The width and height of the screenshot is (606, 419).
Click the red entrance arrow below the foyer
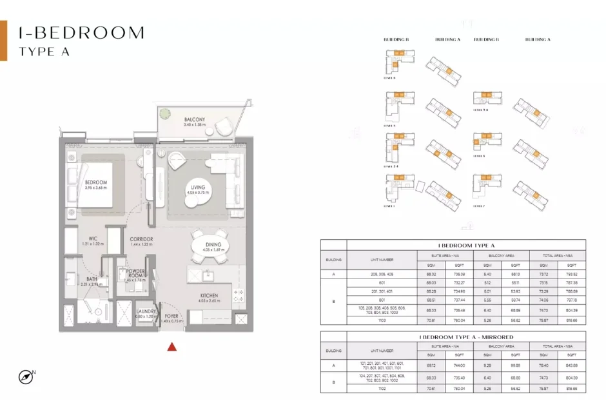pos(171,347)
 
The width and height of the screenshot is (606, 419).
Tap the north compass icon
pos(26,376)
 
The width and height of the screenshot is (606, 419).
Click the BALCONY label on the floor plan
pos(194,119)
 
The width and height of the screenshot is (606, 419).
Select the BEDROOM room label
pos(96,182)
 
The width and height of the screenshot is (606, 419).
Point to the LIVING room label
pos(197,188)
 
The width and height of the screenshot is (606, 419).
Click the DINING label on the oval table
pos(213,245)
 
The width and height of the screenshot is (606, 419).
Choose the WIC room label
pos(93,239)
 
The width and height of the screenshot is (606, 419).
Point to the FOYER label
pos(170,317)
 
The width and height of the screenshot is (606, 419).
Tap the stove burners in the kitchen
pos(240,295)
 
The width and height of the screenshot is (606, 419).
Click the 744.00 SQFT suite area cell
pos(458,365)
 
